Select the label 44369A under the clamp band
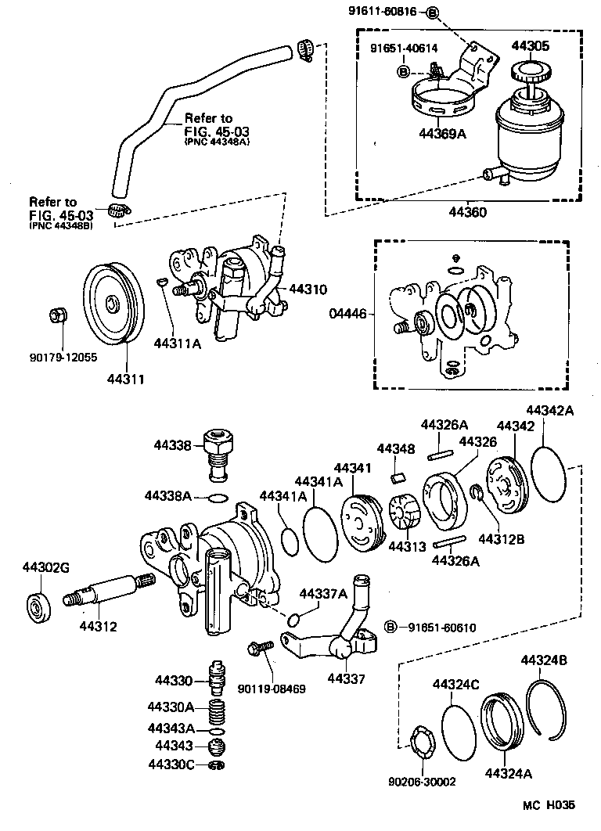(442, 134)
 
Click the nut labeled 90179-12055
(56, 315)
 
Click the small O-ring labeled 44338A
(218, 497)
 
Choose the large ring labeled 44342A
(549, 470)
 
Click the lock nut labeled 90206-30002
(423, 741)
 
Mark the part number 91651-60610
(441, 628)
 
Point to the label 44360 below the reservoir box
(467, 211)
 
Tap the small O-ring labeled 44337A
(293, 621)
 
